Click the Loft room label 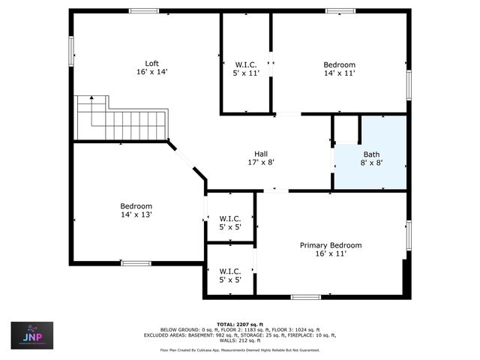click(x=151, y=63)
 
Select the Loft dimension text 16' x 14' click(x=151, y=72)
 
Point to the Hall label click(x=261, y=152)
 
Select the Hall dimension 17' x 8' click(x=261, y=162)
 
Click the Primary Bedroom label click(x=331, y=245)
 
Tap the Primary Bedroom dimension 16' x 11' click(x=331, y=254)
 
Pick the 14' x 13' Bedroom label click(x=136, y=206)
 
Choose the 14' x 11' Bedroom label click(x=339, y=64)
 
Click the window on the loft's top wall click(x=143, y=10)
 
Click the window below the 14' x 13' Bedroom click(x=136, y=262)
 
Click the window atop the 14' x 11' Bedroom click(x=340, y=10)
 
